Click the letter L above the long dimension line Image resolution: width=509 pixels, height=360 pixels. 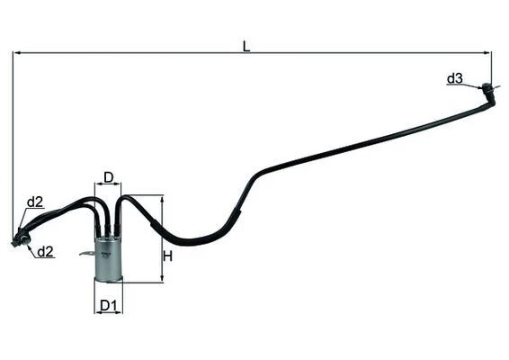(246, 47)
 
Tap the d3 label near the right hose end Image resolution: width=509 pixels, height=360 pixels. (454, 78)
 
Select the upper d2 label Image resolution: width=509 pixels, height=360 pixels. (35, 202)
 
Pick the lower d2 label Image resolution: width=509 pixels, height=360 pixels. (45, 252)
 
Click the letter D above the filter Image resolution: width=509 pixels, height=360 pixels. (109, 177)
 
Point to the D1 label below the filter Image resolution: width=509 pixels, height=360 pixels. (108, 305)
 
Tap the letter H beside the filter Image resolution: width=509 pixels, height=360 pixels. (167, 256)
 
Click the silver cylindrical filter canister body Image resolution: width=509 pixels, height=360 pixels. (109, 258)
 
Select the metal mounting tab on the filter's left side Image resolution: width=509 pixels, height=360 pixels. (87, 253)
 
